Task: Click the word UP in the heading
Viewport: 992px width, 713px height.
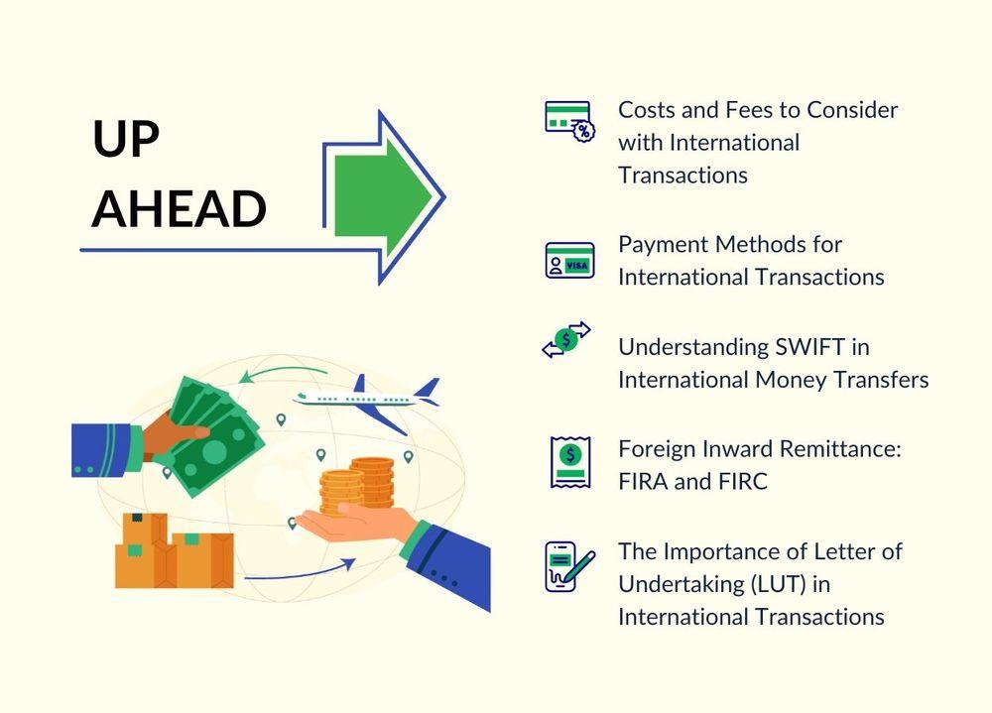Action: coord(126,138)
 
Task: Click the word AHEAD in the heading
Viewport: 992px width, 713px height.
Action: coord(179,208)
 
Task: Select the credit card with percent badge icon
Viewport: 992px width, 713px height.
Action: coord(569,121)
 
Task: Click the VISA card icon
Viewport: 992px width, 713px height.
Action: coord(569,260)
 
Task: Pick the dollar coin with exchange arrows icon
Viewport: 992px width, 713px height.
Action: coord(566,340)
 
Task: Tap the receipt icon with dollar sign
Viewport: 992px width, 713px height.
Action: coord(570,462)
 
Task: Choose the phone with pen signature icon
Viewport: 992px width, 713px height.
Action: coord(569,566)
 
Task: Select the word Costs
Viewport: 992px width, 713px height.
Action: coord(647,110)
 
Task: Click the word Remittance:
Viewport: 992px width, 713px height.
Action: coord(840,448)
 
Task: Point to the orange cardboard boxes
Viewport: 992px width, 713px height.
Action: coord(174,550)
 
